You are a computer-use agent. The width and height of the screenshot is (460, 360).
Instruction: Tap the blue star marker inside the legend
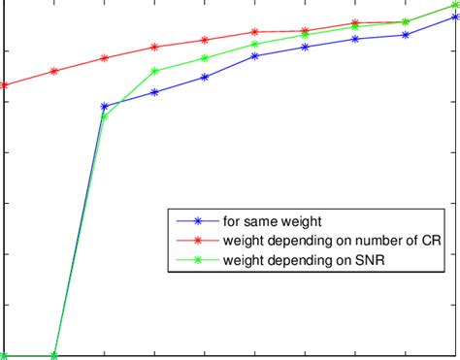(x=198, y=221)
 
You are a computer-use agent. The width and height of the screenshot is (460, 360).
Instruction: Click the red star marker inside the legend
(x=198, y=241)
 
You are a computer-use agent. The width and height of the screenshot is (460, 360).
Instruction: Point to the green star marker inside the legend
(x=198, y=260)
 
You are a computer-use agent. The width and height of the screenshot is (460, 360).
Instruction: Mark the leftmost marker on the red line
(x=4, y=85)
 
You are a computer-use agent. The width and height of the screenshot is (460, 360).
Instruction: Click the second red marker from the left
(x=54, y=71)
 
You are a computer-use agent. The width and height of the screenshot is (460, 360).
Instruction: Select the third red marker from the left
(x=105, y=57)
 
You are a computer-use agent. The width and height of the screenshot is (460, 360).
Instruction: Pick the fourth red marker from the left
(x=155, y=47)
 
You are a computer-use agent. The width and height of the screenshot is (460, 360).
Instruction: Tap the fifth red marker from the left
(x=205, y=40)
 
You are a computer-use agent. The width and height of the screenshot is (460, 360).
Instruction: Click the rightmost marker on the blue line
(x=455, y=16)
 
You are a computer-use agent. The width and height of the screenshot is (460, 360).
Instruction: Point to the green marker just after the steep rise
(x=105, y=116)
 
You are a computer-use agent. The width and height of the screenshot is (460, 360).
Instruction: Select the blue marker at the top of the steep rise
(x=105, y=106)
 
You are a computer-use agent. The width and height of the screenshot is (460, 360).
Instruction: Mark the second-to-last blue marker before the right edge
(x=405, y=35)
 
